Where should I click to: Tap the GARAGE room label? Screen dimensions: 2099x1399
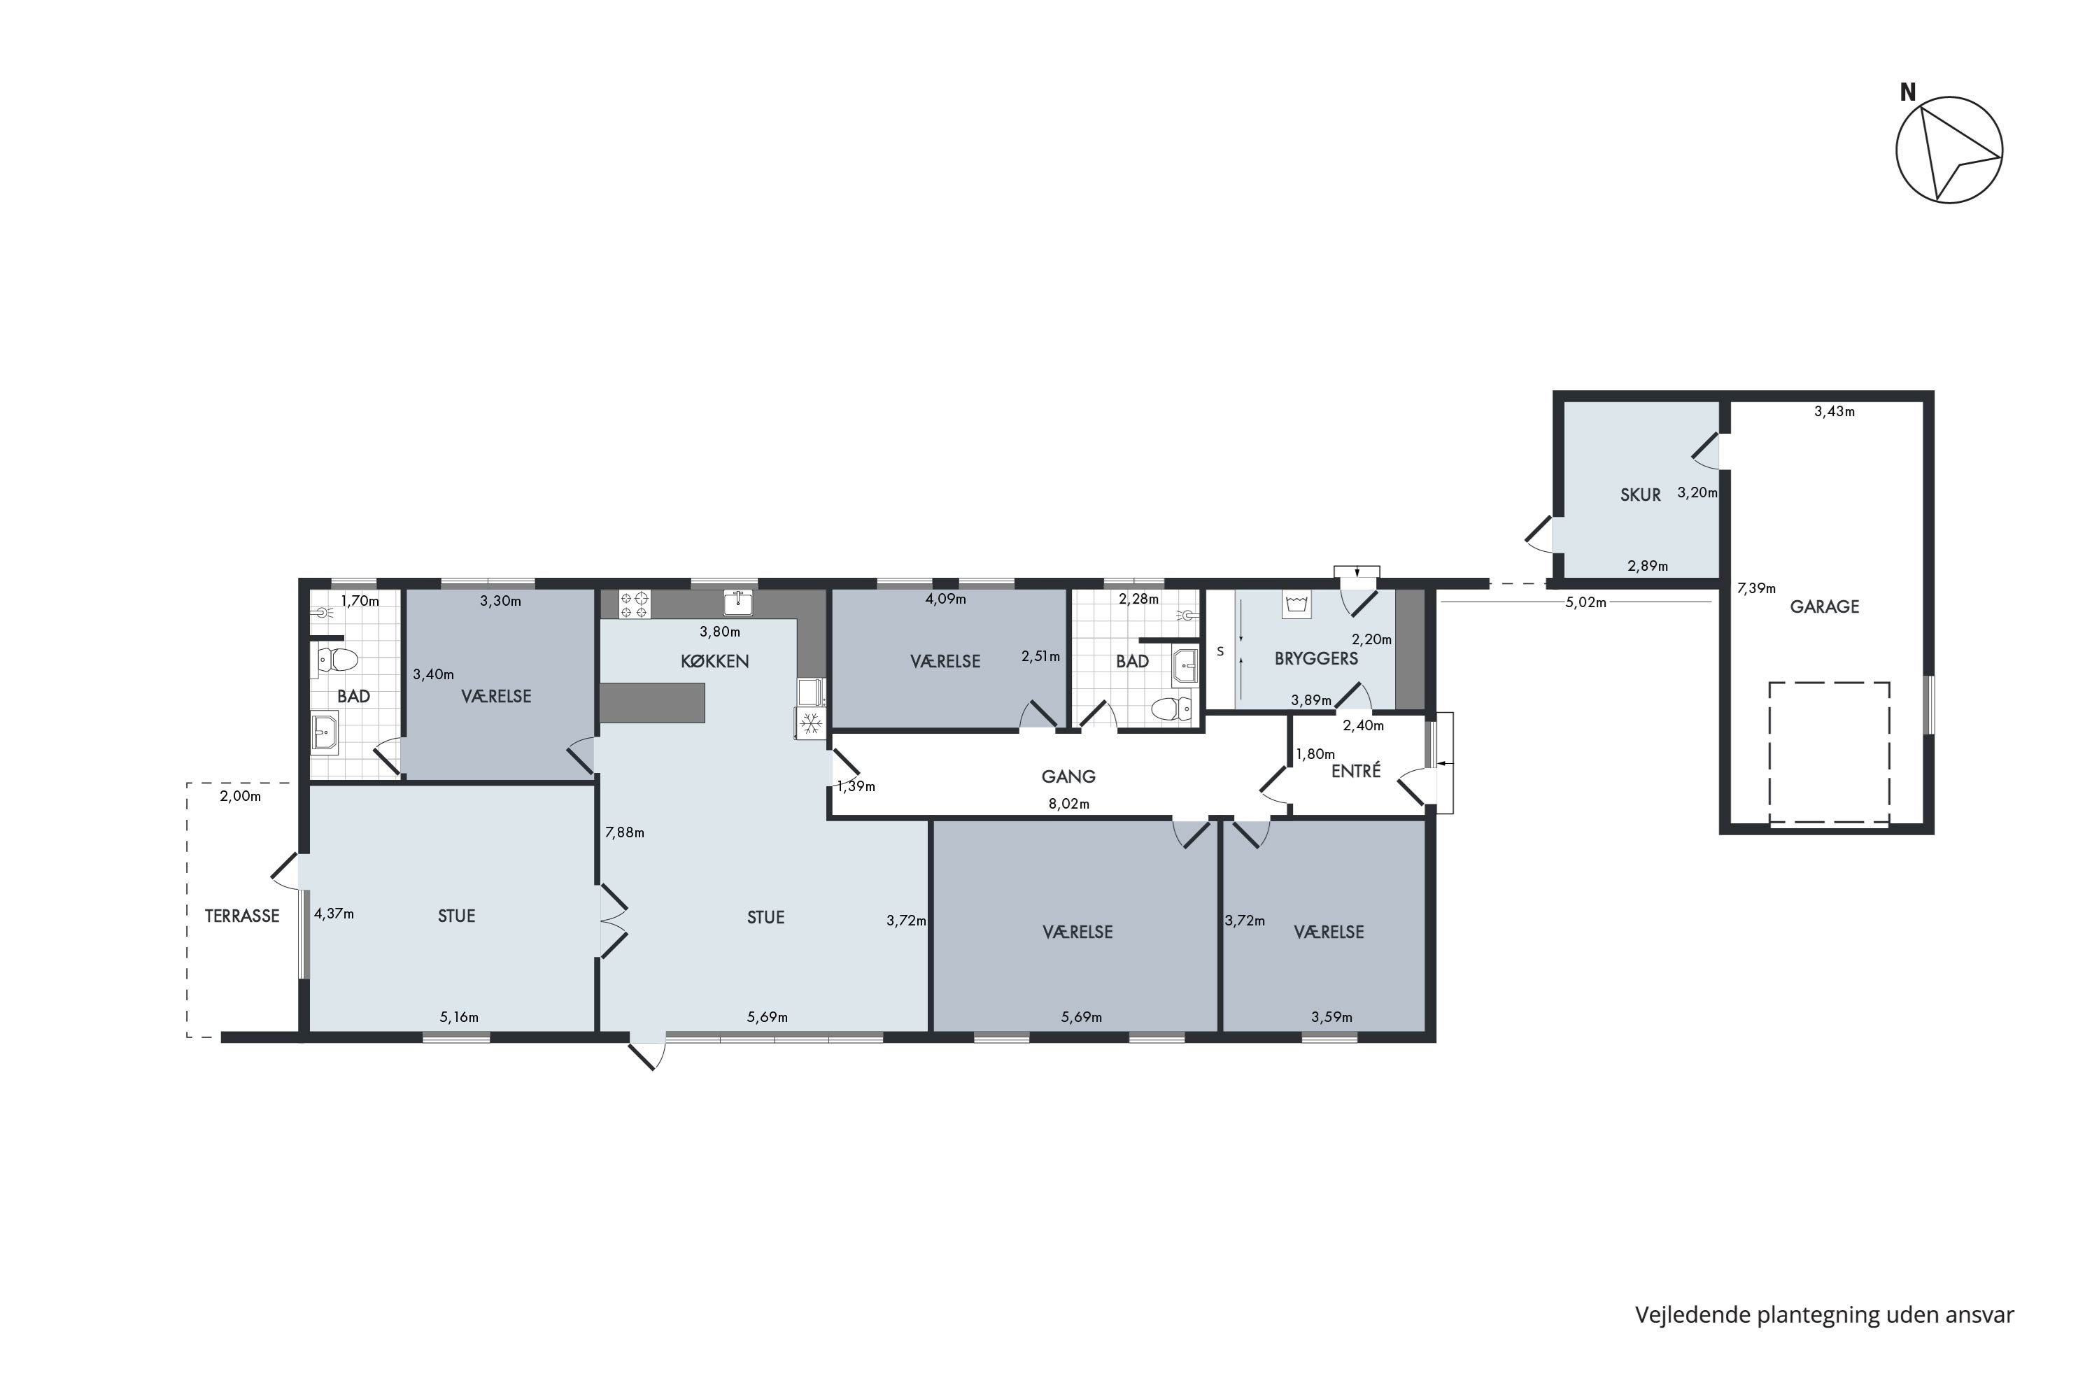tap(1824, 606)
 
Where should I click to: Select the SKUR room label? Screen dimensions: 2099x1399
tap(1640, 495)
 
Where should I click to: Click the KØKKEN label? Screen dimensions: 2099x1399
tap(715, 661)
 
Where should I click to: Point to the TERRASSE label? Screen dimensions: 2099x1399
tap(242, 916)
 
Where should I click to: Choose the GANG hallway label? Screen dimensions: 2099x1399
tap(1068, 776)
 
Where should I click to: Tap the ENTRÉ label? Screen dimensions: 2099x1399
tap(1356, 771)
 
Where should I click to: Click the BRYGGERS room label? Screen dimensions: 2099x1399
tap(1316, 658)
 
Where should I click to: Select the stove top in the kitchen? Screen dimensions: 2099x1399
tap(635, 604)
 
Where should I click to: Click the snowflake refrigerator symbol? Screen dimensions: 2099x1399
tap(810, 723)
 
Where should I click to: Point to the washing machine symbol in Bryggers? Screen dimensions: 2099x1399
tap(1296, 604)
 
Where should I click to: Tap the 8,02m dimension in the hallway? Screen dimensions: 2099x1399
tap(1068, 804)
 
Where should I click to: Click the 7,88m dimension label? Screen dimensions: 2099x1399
tap(625, 832)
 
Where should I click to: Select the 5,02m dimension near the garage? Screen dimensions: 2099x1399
tap(1586, 602)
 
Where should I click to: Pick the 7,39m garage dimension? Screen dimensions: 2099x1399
tap(1755, 588)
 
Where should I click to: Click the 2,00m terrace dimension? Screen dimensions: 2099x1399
tap(240, 796)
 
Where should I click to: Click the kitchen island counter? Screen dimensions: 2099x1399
tap(651, 703)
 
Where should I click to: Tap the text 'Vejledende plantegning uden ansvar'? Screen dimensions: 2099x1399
tap(1824, 1315)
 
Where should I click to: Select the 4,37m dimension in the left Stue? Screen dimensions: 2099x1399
tap(334, 914)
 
